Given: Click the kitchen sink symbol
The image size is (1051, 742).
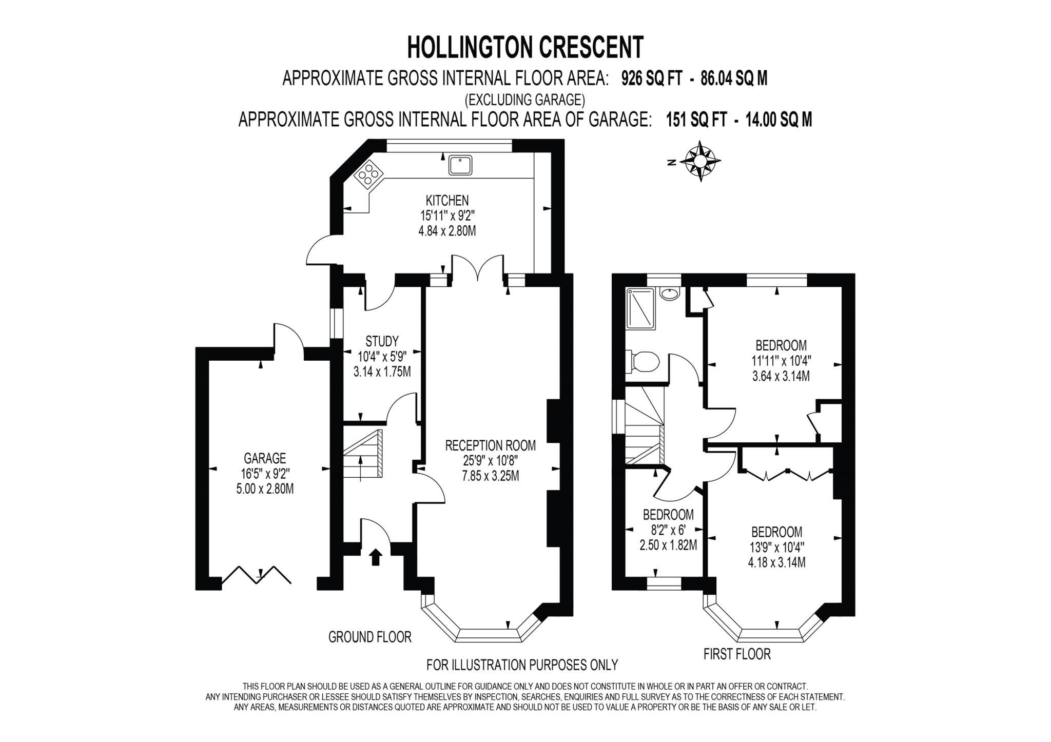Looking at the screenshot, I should [460, 165].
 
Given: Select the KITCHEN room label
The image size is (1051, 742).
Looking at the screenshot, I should [447, 200].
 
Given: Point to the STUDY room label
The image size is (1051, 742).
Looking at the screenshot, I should [382, 341].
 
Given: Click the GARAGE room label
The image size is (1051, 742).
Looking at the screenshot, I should [265, 458].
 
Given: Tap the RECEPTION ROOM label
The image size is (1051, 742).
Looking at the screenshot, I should [490, 445].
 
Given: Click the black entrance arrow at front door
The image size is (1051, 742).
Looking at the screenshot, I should [376, 557].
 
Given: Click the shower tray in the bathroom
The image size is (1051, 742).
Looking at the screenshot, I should [640, 307].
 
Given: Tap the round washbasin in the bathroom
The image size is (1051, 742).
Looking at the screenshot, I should [669, 294].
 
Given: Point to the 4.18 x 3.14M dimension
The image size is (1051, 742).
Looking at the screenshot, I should [776, 562].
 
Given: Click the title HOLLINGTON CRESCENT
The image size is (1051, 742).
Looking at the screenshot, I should [525, 48].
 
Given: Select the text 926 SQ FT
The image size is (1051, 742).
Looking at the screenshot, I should [651, 79].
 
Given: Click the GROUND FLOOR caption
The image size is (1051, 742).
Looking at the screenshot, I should [369, 637].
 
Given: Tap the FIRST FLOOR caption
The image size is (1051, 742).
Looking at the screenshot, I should [737, 654].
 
